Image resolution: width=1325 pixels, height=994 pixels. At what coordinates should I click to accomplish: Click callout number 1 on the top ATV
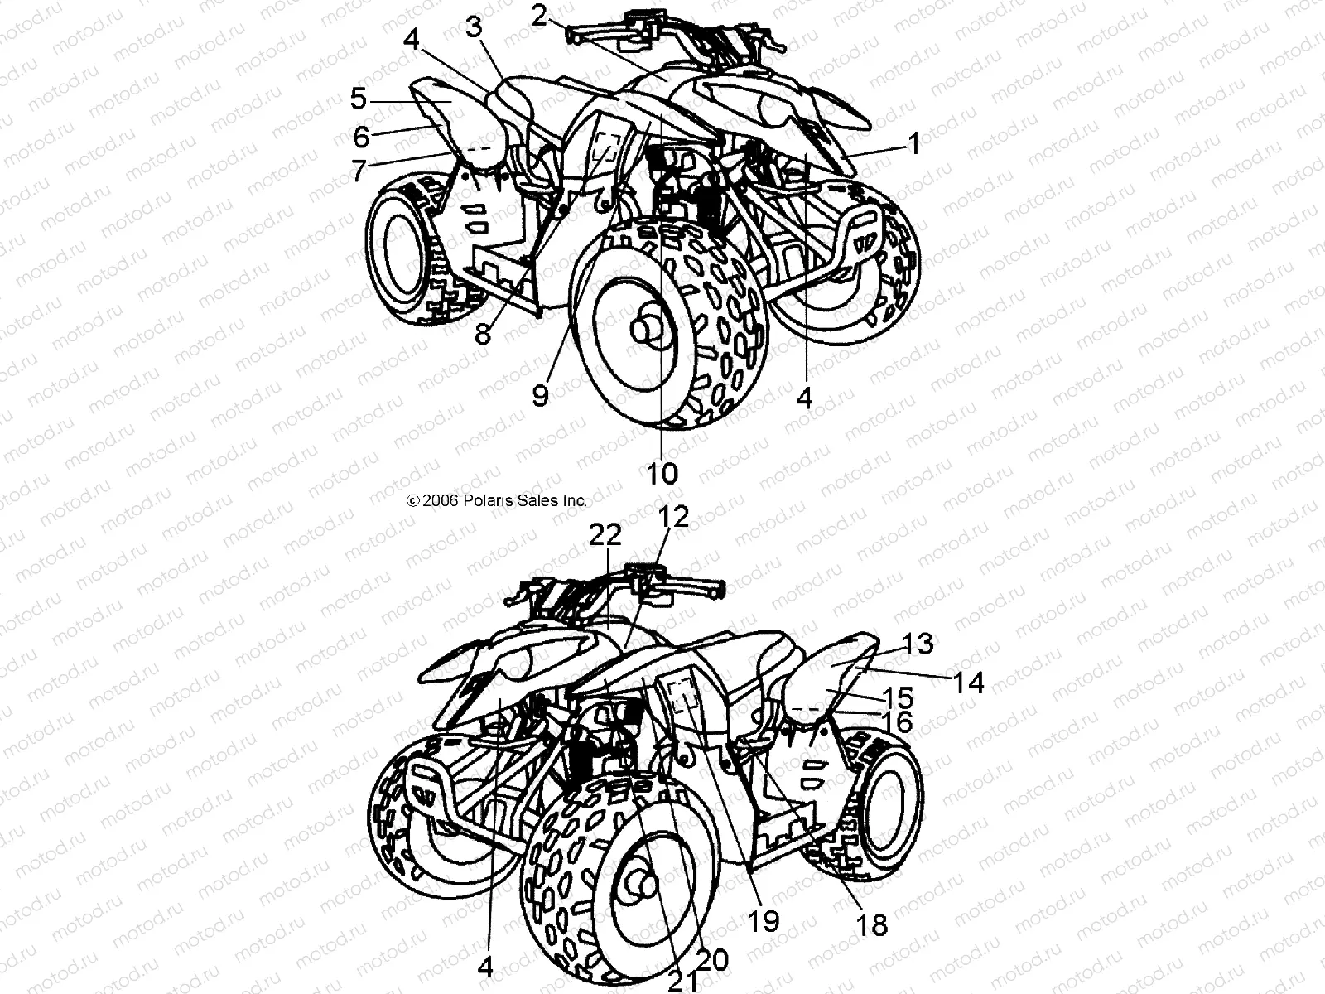coord(913,145)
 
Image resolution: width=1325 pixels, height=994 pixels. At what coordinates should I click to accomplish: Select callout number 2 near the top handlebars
coord(541,15)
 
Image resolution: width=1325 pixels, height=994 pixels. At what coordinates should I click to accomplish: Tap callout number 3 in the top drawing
coord(474,27)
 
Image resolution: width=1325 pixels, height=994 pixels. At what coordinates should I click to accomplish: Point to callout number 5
coord(358,99)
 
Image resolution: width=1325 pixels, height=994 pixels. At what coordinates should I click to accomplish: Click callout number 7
coord(358,171)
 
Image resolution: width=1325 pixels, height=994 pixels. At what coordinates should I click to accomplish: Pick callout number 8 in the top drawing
coord(483,333)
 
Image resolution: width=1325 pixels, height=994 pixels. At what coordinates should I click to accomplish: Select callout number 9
coord(540,395)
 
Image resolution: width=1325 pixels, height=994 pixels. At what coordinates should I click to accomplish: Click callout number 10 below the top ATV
coord(662,473)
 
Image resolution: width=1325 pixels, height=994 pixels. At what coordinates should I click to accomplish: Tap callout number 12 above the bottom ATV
coord(674,517)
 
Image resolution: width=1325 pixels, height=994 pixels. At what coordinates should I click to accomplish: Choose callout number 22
coord(605,535)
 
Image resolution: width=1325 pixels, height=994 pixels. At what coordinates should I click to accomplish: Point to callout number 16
coord(893,722)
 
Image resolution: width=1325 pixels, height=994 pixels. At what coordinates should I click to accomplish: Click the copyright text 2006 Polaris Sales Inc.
coord(497,500)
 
